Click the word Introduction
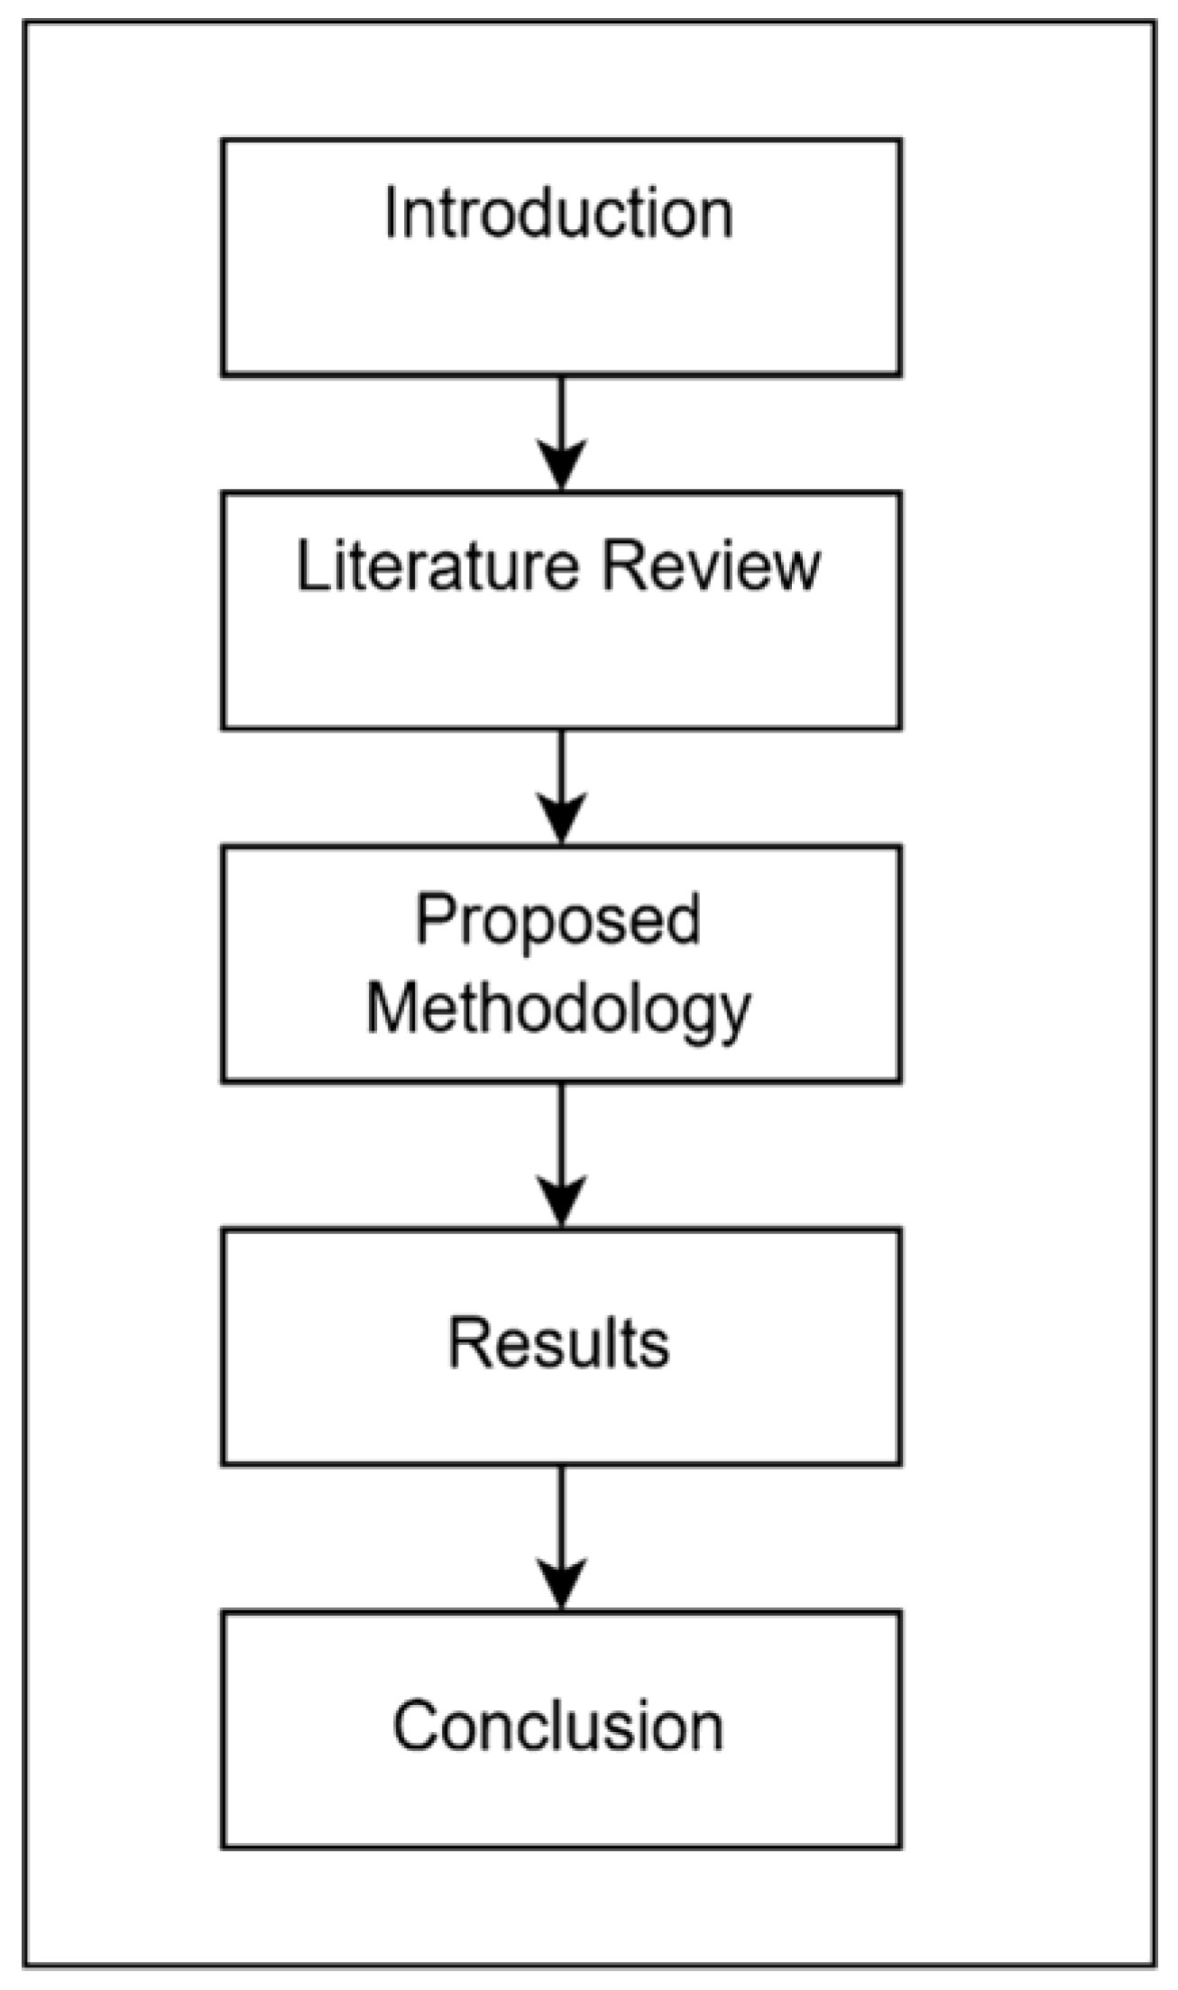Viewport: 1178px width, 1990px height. pyautogui.click(x=558, y=214)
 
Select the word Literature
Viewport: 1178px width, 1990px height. pyautogui.click(x=437, y=567)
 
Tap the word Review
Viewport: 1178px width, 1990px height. pyautogui.click(x=712, y=567)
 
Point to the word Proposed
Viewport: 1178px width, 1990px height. pyautogui.click(x=558, y=920)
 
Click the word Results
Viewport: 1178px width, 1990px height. pyautogui.click(x=558, y=1343)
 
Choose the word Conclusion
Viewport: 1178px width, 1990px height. pyautogui.click(x=558, y=1726)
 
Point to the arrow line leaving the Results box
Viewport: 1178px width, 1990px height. pyautogui.click(x=561, y=1516)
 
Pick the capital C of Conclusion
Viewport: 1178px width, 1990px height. pyautogui.click(x=416, y=1726)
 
